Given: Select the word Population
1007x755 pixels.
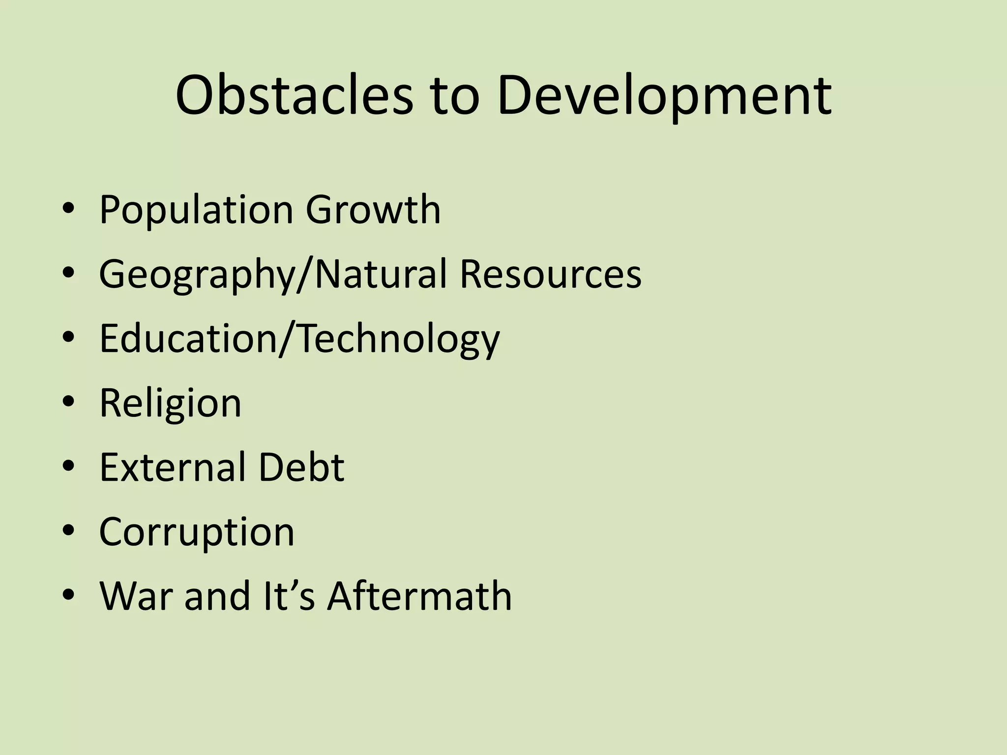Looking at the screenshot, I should click(196, 210).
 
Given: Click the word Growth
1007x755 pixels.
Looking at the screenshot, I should click(373, 209).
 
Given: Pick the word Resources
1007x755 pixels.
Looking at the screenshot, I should click(550, 274).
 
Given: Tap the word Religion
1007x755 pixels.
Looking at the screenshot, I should click(170, 404).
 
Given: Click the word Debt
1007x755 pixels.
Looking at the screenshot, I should click(301, 467).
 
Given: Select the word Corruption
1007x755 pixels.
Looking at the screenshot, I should click(197, 532).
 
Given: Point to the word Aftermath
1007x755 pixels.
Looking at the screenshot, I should click(419, 596).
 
